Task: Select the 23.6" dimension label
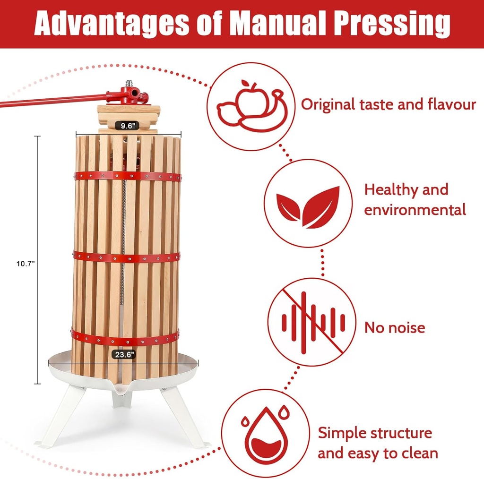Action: [x=123, y=354]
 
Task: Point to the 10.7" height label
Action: [x=25, y=265]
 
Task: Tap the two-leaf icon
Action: [x=308, y=206]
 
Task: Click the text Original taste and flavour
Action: [x=388, y=104]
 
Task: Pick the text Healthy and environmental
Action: [x=415, y=199]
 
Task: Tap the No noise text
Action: [x=394, y=327]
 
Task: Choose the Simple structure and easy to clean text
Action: [x=377, y=443]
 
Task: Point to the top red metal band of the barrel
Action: [x=127, y=176]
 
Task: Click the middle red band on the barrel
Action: [x=127, y=257]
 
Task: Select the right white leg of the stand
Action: [x=184, y=416]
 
